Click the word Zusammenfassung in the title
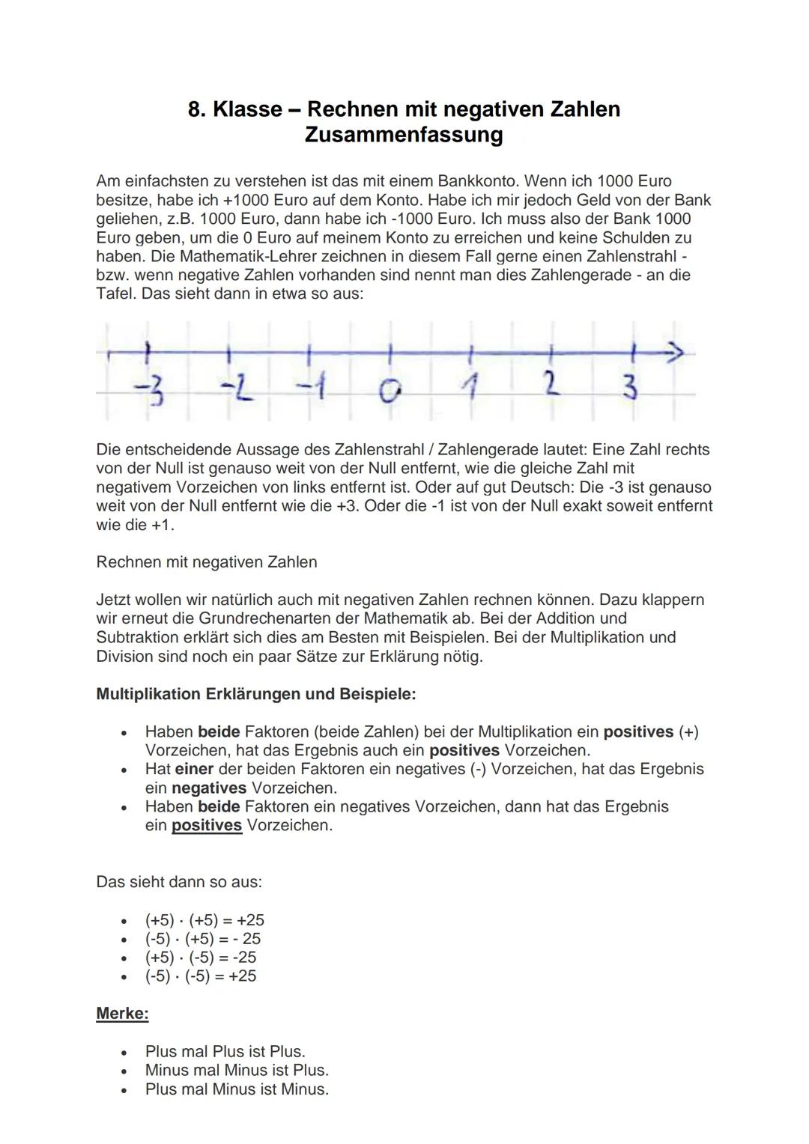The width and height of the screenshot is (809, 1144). pyautogui.click(x=404, y=135)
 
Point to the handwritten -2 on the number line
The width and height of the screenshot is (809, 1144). pyautogui.click(x=235, y=389)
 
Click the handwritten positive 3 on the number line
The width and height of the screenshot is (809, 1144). pyautogui.click(x=631, y=388)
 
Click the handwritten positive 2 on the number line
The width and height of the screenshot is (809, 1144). pyautogui.click(x=551, y=386)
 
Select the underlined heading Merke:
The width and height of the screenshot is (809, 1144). pyautogui.click(x=122, y=1014)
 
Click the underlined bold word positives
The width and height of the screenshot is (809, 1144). pyautogui.click(x=207, y=825)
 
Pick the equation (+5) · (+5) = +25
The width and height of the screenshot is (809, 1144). pyautogui.click(x=204, y=919)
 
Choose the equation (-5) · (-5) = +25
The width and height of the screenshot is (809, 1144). pyautogui.click(x=200, y=976)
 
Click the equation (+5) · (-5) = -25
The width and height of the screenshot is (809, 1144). pyautogui.click(x=200, y=957)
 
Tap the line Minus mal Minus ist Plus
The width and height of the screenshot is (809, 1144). pyautogui.click(x=237, y=1070)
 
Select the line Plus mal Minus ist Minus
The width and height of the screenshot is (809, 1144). pyautogui.click(x=237, y=1089)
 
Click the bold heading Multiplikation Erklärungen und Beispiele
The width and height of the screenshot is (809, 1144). pyautogui.click(x=255, y=693)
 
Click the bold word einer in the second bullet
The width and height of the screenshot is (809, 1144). pyautogui.click(x=194, y=769)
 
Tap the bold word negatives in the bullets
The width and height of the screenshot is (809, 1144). pyautogui.click(x=209, y=788)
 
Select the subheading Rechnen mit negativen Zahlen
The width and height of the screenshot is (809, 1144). pyautogui.click(x=206, y=562)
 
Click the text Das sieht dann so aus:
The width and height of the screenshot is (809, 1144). pyautogui.click(x=179, y=882)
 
